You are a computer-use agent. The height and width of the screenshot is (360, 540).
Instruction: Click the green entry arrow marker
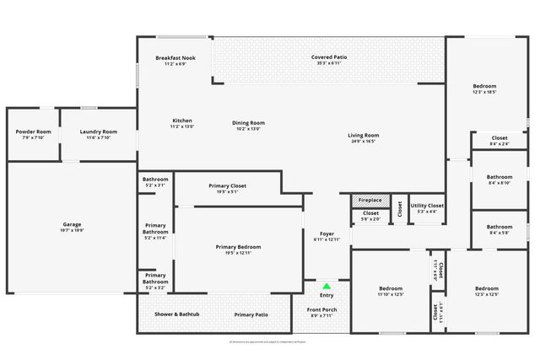[x=327, y=287]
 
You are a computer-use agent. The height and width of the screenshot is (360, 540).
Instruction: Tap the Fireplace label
[x=370, y=200]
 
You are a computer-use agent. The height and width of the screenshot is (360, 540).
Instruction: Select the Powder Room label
[x=34, y=132]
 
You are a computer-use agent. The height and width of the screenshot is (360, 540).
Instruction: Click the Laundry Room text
[x=98, y=132]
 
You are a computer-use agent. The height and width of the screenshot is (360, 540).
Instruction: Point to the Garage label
[x=72, y=224]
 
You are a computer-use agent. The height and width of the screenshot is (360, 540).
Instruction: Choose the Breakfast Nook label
[x=175, y=58]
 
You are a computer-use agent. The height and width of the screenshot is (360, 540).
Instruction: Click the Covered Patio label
[x=329, y=57]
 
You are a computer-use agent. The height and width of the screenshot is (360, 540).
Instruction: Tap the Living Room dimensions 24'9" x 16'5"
[x=364, y=141]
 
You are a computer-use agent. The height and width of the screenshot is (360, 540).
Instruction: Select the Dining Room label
[x=248, y=123]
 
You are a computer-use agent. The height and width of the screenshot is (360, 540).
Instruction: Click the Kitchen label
[x=182, y=121]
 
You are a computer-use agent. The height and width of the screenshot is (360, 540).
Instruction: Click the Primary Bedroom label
[x=239, y=247]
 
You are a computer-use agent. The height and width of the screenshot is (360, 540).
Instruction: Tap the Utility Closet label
[x=426, y=206]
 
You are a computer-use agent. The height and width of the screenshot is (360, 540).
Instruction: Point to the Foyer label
[x=327, y=234]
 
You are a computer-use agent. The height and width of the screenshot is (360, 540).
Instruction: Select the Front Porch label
[x=323, y=309]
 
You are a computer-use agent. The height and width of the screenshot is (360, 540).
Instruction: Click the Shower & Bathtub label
[x=177, y=314]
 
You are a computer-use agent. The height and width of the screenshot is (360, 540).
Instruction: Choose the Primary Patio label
[x=251, y=314]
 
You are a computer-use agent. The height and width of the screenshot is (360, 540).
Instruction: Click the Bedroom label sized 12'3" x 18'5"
[x=484, y=86]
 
